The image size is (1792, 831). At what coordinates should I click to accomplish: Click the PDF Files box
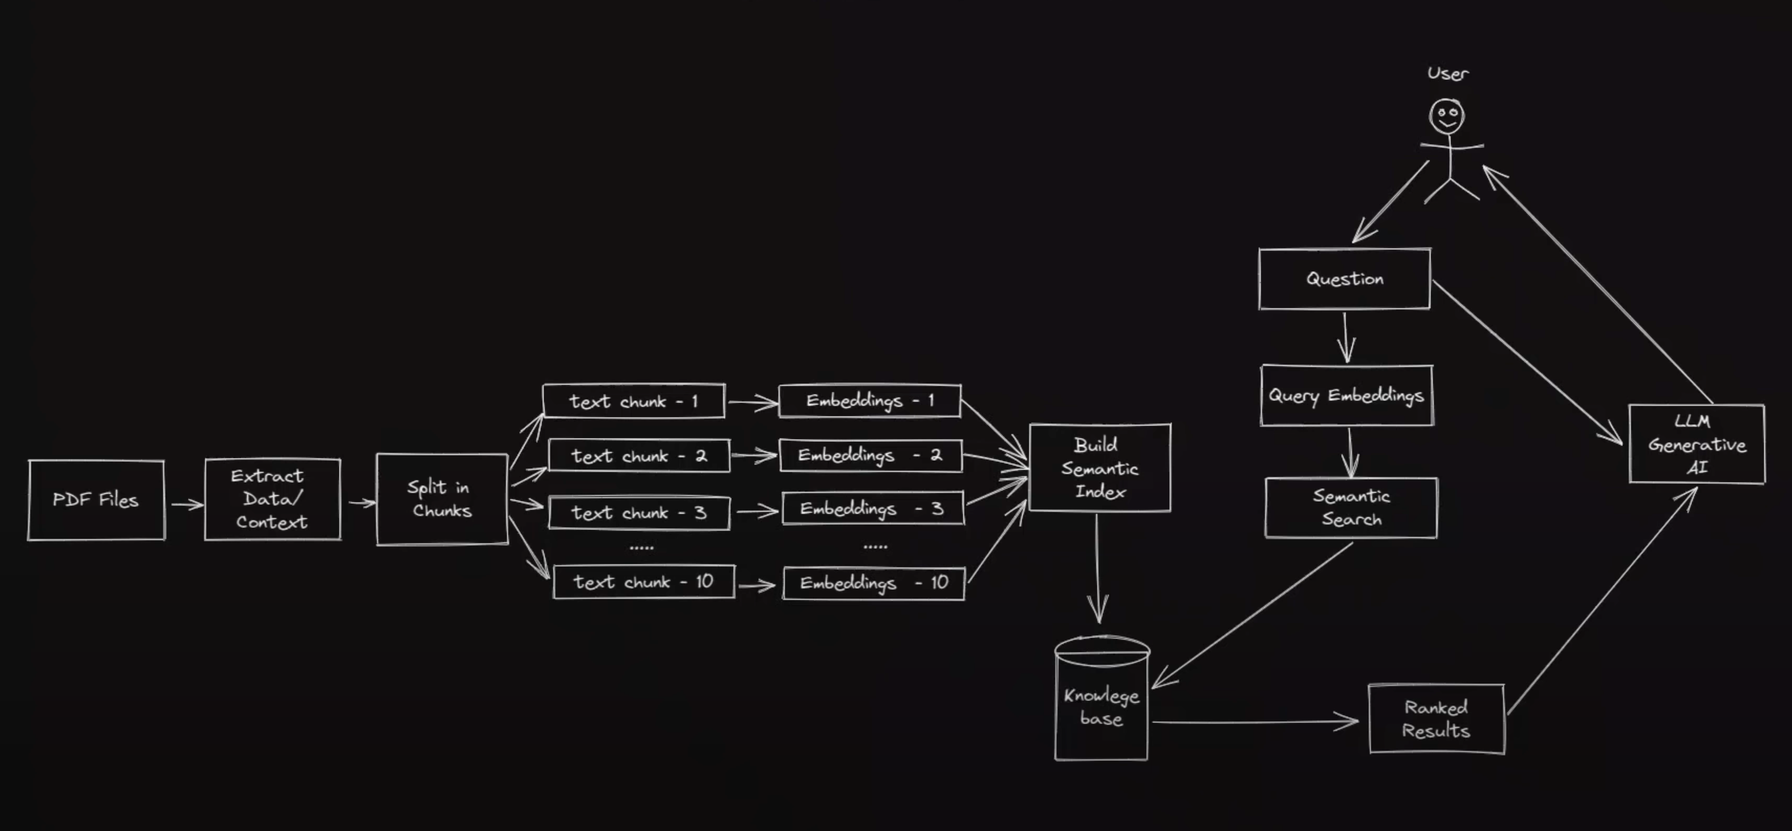pyautogui.click(x=96, y=500)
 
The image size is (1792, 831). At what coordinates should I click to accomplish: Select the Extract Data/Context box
pyautogui.click(x=272, y=499)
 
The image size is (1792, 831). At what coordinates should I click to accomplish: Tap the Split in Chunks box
pyautogui.click(x=442, y=499)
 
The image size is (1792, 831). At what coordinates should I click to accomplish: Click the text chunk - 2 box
pyautogui.click(x=638, y=456)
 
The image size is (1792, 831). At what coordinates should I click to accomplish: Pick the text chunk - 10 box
pyautogui.click(x=644, y=582)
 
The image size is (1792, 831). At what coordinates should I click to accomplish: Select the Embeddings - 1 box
pyautogui.click(x=870, y=401)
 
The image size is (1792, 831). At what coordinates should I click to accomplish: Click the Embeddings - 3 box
pyautogui.click(x=872, y=509)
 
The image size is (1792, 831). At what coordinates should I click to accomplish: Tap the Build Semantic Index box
pyautogui.click(x=1099, y=468)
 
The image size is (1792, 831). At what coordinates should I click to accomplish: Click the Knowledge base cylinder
pyautogui.click(x=1101, y=703)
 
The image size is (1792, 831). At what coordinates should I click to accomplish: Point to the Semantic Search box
pyautogui.click(x=1351, y=507)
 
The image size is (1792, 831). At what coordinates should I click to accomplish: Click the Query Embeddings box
pyautogui.click(x=1346, y=395)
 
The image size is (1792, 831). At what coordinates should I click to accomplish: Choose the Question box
pyautogui.click(x=1344, y=279)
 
